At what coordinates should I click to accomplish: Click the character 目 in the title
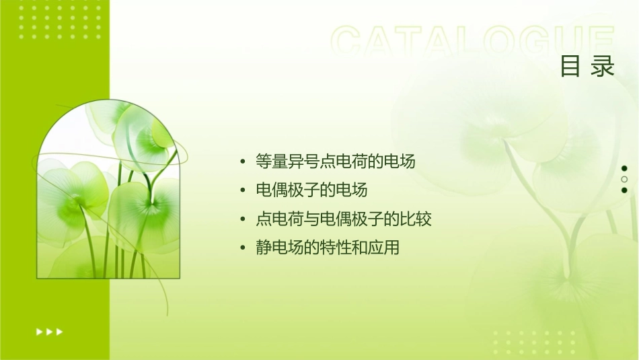click(x=571, y=67)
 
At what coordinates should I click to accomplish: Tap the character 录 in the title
click(x=603, y=67)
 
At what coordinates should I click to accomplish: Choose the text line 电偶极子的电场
click(x=311, y=190)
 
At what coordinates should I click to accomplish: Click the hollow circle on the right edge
click(x=624, y=179)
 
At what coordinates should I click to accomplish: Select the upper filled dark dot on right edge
click(x=624, y=168)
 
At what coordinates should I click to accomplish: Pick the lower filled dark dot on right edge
click(x=624, y=190)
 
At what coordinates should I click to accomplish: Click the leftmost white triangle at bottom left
click(x=38, y=331)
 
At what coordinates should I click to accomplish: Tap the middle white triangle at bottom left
click(x=49, y=331)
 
